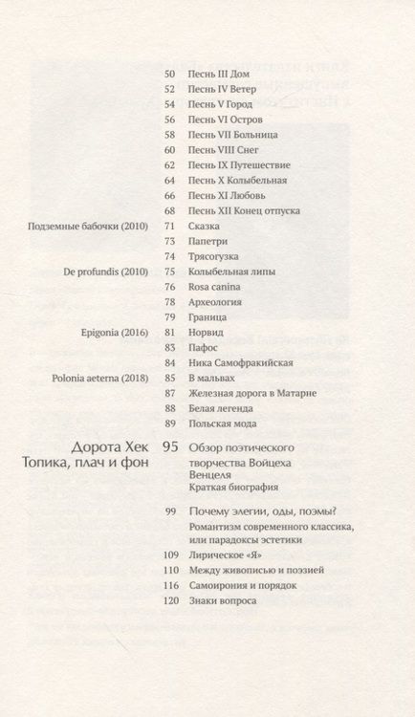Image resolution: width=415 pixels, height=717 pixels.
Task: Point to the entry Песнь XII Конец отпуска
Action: coord(245,210)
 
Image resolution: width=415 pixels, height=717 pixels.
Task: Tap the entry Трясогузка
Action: coord(213,256)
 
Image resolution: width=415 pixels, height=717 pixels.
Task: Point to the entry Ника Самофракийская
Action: coord(240,363)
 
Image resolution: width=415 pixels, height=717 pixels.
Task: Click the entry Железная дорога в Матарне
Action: coord(252,394)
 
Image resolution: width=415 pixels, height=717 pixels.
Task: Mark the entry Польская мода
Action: coord(222,424)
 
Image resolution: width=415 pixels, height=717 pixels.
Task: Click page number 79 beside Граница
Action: coord(170,317)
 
